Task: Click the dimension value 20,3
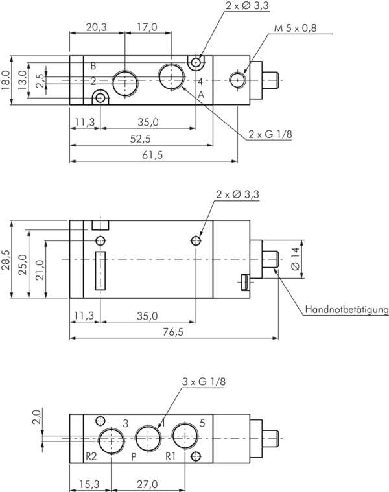[x=96, y=27]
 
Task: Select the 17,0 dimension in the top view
[x=147, y=27]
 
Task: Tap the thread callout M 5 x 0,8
[x=296, y=27]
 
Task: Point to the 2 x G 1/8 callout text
[x=270, y=134]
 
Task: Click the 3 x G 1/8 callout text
[x=204, y=382]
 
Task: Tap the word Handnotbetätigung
[x=346, y=310]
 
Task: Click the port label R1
[x=171, y=456]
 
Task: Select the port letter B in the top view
[x=93, y=66]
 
